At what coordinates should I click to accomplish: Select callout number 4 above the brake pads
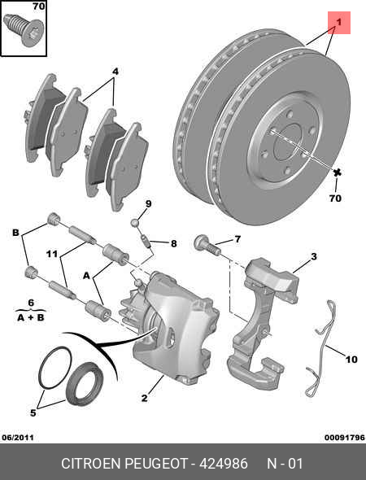click(115, 72)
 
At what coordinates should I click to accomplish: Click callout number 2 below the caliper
click(144, 398)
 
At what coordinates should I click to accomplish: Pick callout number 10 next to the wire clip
click(351, 359)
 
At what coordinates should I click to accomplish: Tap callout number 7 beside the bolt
click(237, 239)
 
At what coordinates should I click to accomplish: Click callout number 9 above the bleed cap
click(149, 203)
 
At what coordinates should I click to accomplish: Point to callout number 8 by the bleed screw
click(173, 242)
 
